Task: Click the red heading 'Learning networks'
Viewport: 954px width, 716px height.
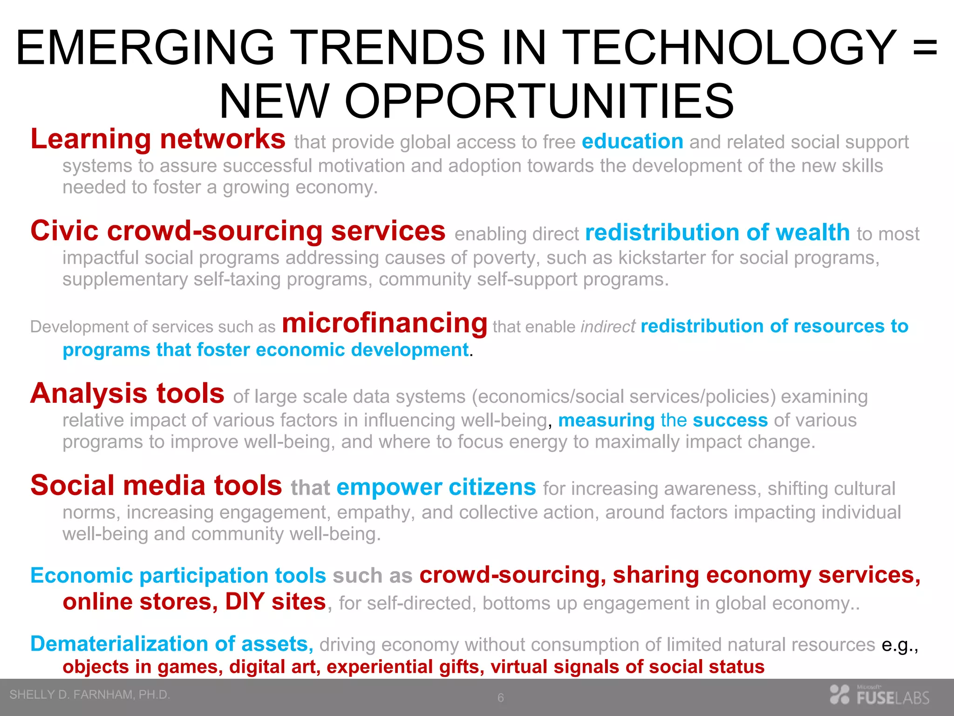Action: click(x=157, y=139)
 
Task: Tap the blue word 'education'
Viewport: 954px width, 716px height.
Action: click(x=632, y=141)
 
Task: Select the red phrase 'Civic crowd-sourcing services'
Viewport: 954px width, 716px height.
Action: click(x=238, y=231)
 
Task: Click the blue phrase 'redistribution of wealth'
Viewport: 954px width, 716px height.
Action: click(x=717, y=233)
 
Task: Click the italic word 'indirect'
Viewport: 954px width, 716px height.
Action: click(x=607, y=327)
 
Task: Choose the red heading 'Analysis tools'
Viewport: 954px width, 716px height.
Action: click(x=127, y=393)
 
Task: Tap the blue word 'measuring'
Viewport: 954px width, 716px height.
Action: click(x=606, y=420)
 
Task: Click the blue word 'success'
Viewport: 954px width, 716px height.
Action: click(x=730, y=420)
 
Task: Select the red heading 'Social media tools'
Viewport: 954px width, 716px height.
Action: click(x=156, y=485)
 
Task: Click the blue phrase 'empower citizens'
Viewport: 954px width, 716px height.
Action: click(x=436, y=488)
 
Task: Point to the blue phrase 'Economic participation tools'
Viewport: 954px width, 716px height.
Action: click(x=178, y=575)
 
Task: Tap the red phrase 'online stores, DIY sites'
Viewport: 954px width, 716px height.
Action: click(x=194, y=602)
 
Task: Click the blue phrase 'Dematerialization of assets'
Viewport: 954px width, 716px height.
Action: click(x=170, y=644)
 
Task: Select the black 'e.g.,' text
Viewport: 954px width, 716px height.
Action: click(x=899, y=645)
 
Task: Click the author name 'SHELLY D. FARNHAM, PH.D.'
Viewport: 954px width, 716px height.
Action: click(x=89, y=695)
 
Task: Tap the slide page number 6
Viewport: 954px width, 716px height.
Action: click(x=500, y=698)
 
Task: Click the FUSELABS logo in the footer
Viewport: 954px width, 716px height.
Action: click(x=879, y=695)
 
